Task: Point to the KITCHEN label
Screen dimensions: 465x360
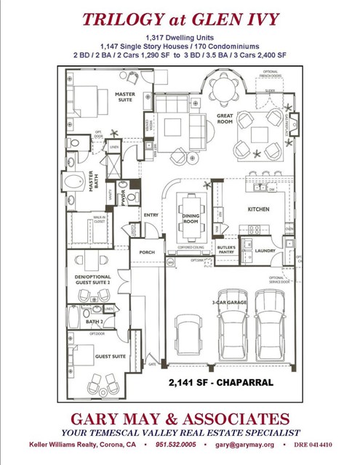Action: point(257,209)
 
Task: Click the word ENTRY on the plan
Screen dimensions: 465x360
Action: point(151,215)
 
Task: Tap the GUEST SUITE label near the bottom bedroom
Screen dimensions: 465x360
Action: point(111,357)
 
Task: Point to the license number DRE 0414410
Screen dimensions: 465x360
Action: point(314,444)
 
